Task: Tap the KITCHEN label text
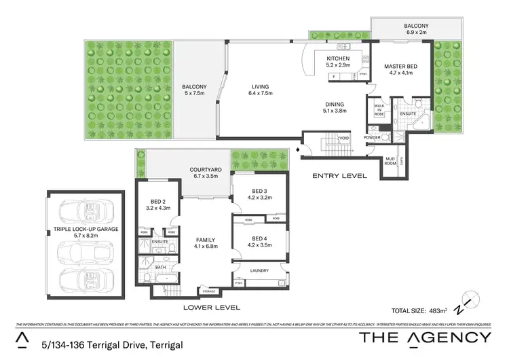pos(338,59)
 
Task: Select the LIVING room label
pos(259,87)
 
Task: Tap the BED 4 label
pos(259,238)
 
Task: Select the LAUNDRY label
pos(259,270)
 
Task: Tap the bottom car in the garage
pos(86,279)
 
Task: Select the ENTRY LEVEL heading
pos(339,175)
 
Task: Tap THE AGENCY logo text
pos(424,338)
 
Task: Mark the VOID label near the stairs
pos(343,138)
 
